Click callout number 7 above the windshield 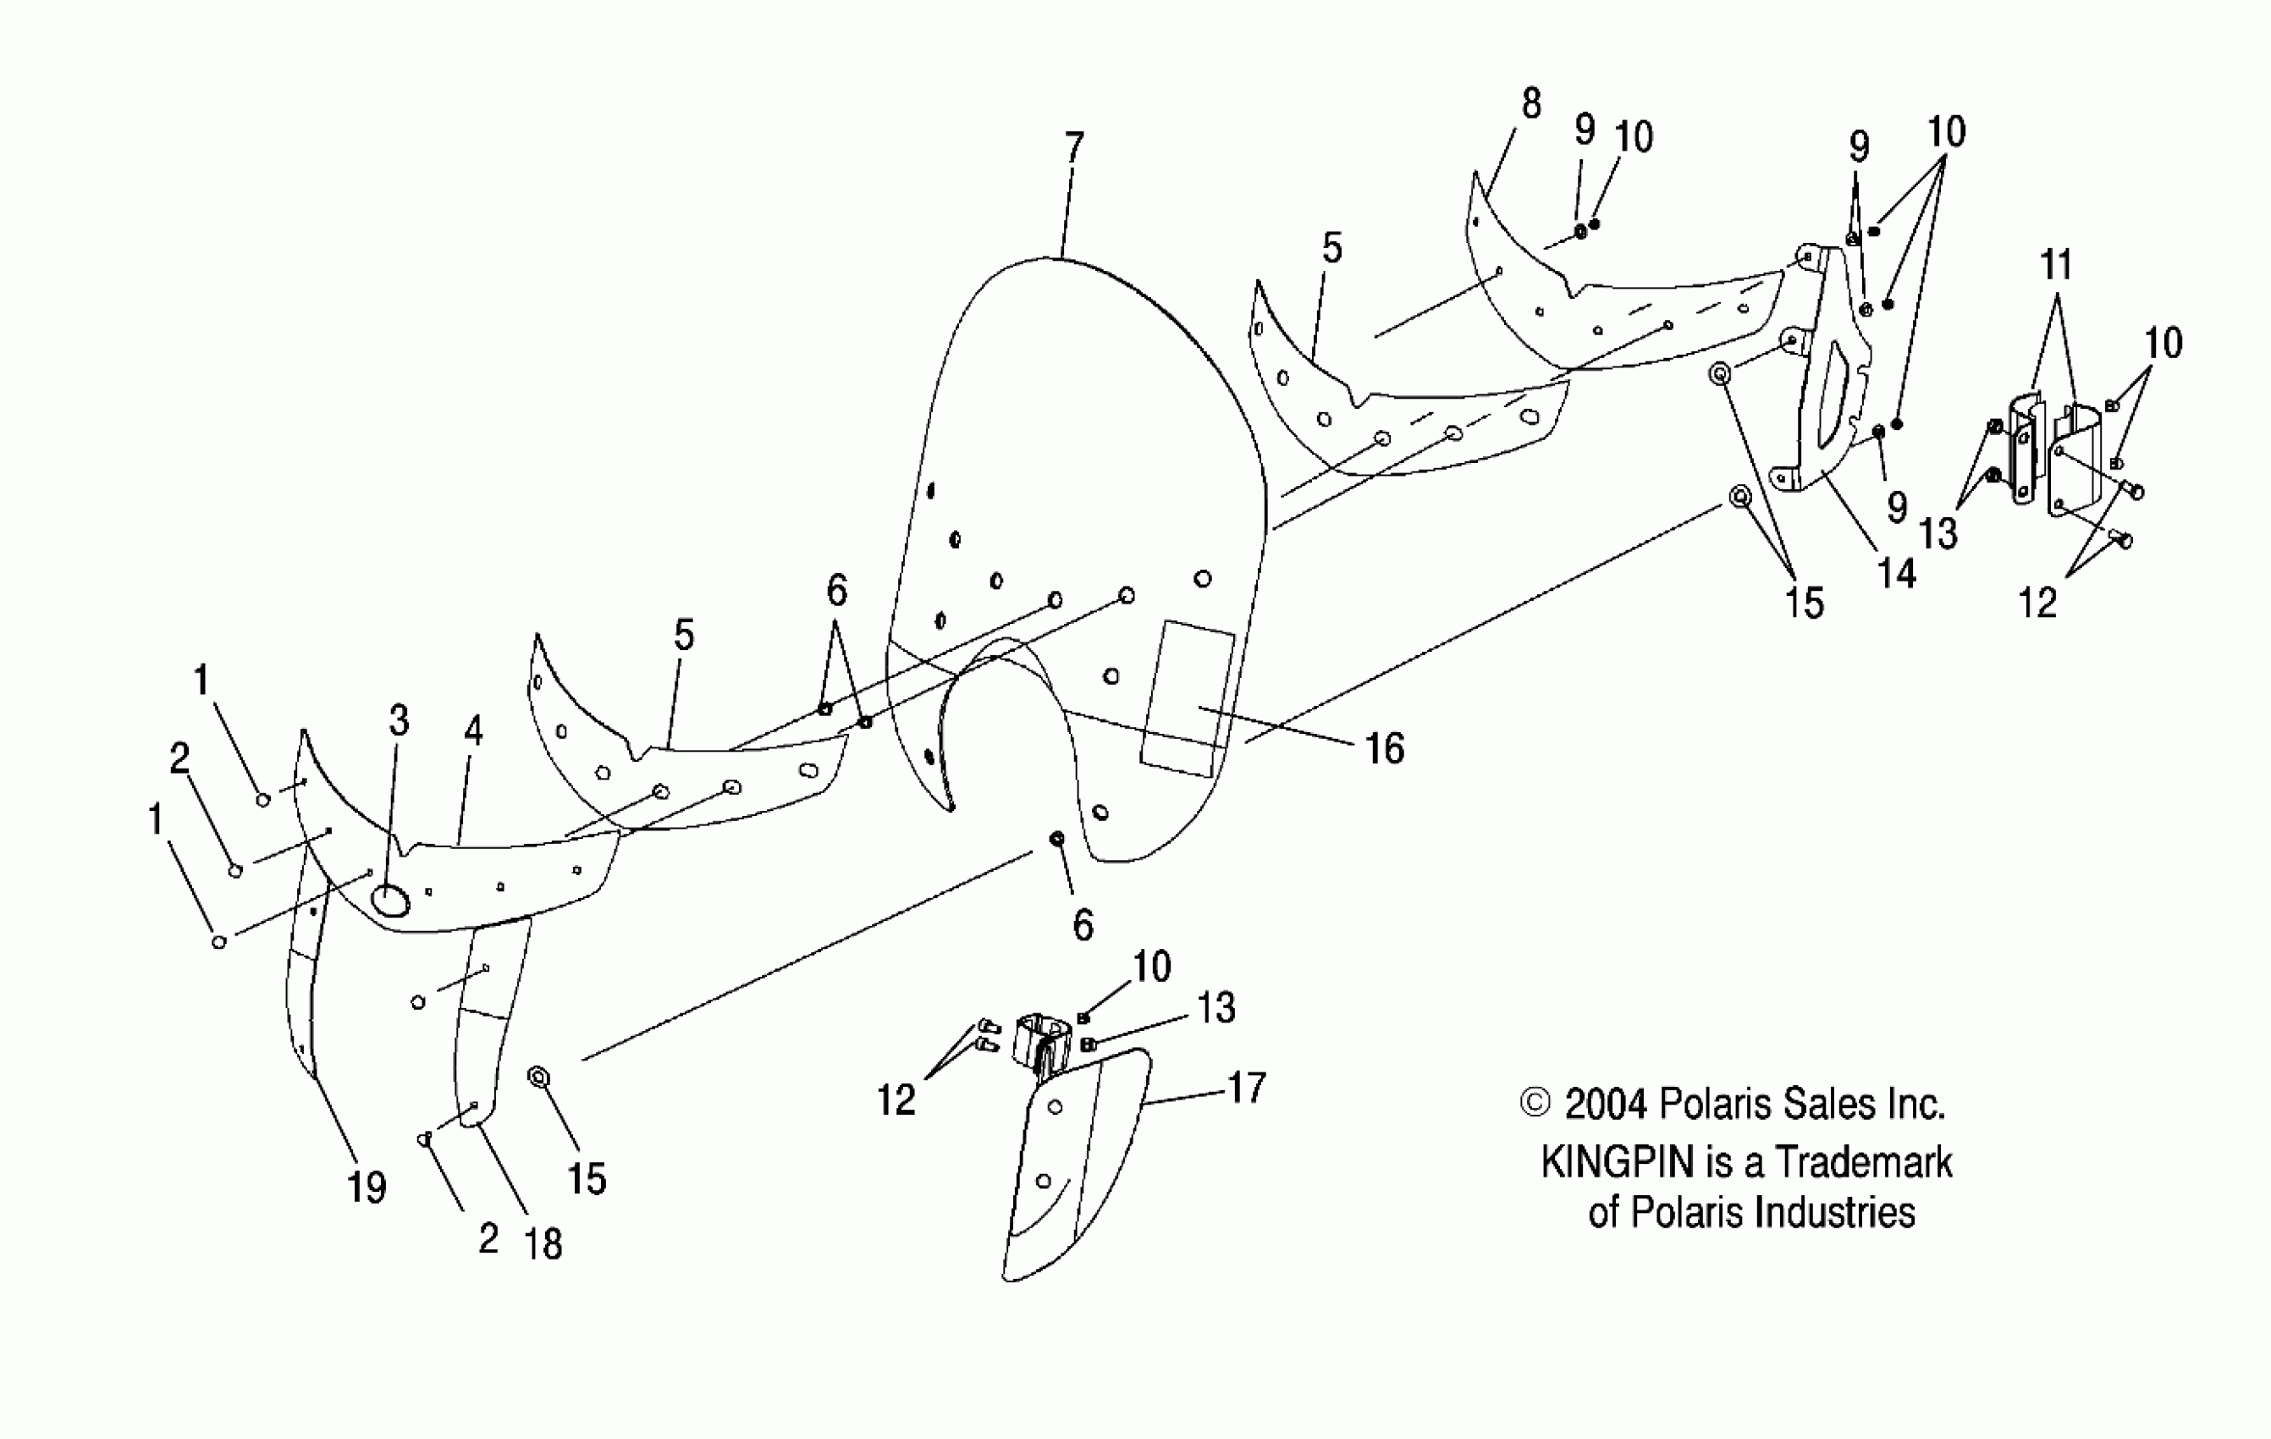click(x=1074, y=147)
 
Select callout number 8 click(x=1530, y=104)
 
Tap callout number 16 click(x=1385, y=749)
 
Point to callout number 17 click(x=1246, y=1089)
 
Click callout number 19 click(x=366, y=1188)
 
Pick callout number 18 click(x=543, y=1245)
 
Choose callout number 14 click(x=1897, y=573)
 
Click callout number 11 click(x=2057, y=265)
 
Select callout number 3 click(x=399, y=721)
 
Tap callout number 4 click(x=472, y=731)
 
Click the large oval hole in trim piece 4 click(x=389, y=901)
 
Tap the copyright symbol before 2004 click(x=1535, y=1103)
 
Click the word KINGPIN click(x=1618, y=1163)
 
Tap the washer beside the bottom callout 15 click(x=539, y=1078)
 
